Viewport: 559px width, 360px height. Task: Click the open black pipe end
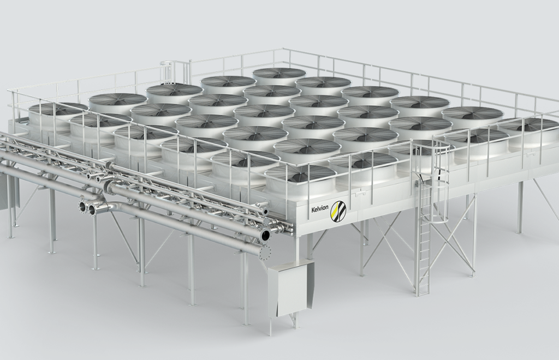coord(266,235)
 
